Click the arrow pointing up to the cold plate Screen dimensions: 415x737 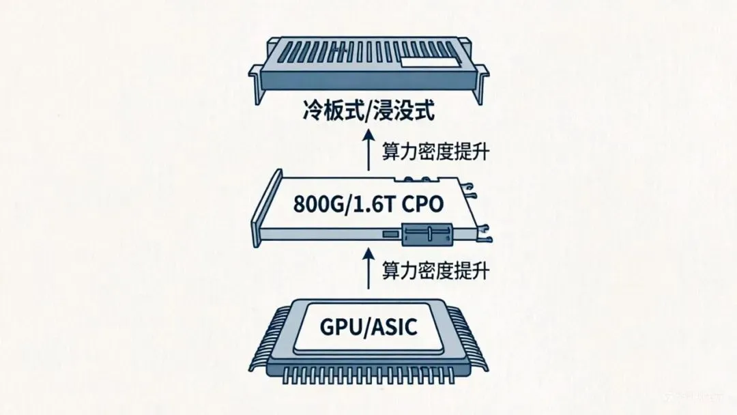368,151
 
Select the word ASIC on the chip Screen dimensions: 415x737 394,328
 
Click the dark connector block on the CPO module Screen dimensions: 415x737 427,235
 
